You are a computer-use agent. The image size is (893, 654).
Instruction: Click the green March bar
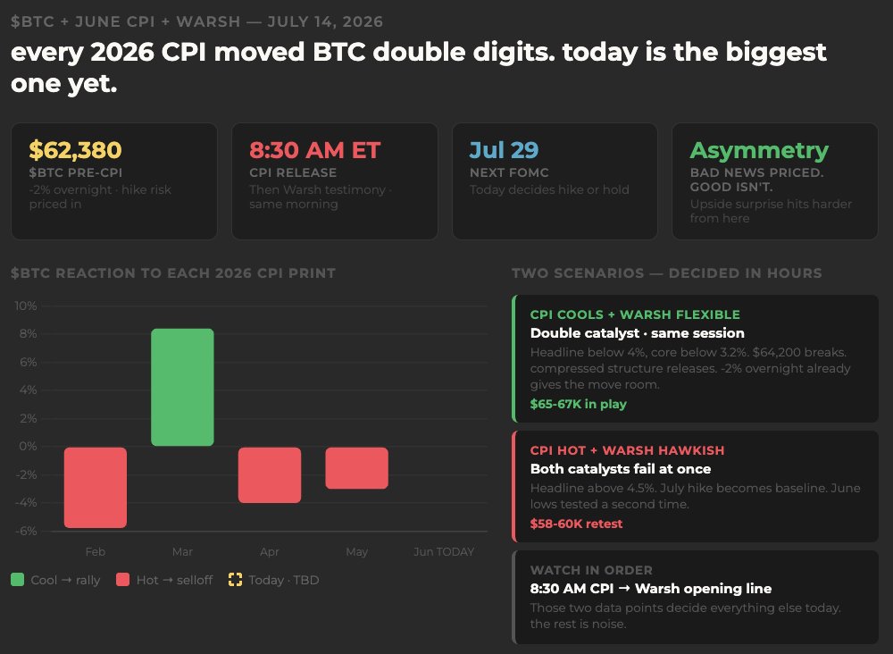pyautogui.click(x=182, y=388)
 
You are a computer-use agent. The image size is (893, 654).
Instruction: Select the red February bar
pyautogui.click(x=96, y=488)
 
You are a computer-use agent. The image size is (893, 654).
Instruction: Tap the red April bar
pyautogui.click(x=270, y=475)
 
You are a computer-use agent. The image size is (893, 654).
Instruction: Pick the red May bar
pyautogui.click(x=356, y=468)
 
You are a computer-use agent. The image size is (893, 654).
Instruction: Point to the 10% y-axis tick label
pyautogui.click(x=26, y=306)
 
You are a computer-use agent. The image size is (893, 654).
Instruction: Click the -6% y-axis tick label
pyautogui.click(x=26, y=531)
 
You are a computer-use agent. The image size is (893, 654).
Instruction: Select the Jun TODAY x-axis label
pyautogui.click(x=444, y=551)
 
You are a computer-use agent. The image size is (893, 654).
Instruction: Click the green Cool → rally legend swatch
pyautogui.click(x=17, y=580)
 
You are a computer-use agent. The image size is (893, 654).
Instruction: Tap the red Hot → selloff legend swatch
pyautogui.click(x=122, y=580)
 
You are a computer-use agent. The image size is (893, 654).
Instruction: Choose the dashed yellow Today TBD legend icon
pyautogui.click(x=235, y=580)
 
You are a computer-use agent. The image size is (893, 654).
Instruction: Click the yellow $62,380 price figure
pyautogui.click(x=75, y=150)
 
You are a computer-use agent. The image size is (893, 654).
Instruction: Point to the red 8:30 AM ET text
pyautogui.click(x=314, y=150)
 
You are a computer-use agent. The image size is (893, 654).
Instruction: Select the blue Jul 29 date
pyautogui.click(x=504, y=150)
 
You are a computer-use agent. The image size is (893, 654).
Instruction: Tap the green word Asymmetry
pyautogui.click(x=759, y=151)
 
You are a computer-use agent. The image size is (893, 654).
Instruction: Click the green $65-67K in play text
pyautogui.click(x=578, y=404)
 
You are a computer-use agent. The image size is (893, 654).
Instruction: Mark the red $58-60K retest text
pyautogui.click(x=576, y=524)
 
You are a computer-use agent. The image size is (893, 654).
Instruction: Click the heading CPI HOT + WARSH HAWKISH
pyautogui.click(x=627, y=450)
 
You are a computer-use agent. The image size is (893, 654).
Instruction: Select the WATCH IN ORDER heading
pyautogui.click(x=591, y=570)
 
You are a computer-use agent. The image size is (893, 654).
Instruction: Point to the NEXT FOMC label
pyautogui.click(x=509, y=172)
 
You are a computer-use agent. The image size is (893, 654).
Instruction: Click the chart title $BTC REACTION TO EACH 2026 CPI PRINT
pyautogui.click(x=173, y=273)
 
